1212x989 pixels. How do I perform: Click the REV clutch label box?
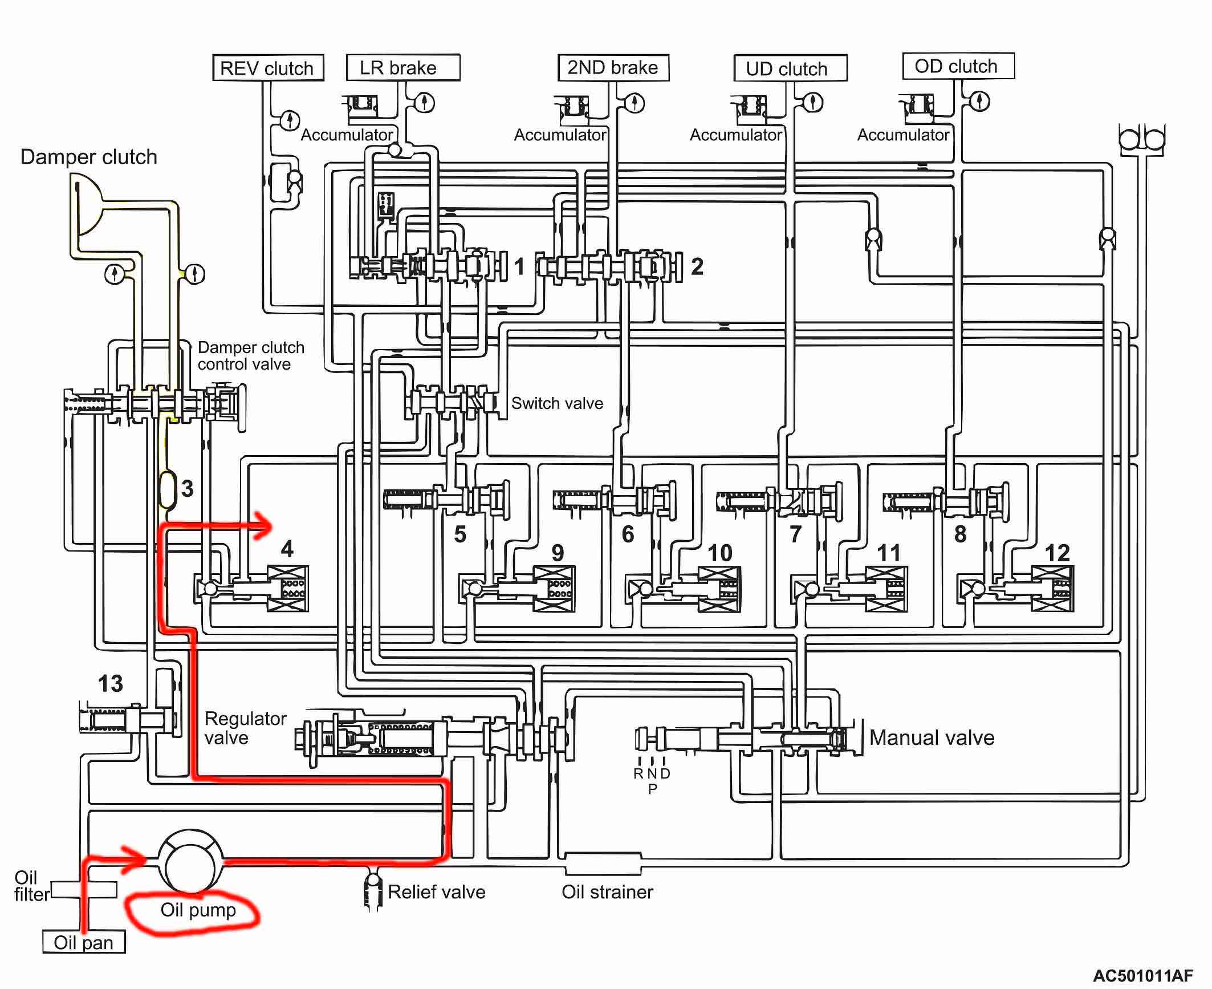[268, 68]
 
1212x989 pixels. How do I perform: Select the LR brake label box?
[403, 67]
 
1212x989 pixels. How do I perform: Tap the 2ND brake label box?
[613, 67]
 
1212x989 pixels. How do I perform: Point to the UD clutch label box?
[790, 68]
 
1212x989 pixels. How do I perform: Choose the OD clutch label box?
[958, 66]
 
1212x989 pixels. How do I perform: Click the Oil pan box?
[84, 942]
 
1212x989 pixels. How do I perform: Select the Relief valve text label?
[437, 891]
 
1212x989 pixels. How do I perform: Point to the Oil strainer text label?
[607, 891]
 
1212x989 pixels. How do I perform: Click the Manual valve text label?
[932, 737]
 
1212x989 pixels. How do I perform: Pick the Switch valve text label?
[557, 403]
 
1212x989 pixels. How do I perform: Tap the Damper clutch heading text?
[88, 157]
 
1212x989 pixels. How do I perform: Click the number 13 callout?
[110, 683]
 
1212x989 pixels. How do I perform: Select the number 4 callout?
[287, 549]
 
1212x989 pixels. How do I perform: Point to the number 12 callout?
[1057, 553]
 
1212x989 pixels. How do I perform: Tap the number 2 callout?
[697, 266]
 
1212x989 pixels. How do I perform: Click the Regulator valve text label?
[245, 728]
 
